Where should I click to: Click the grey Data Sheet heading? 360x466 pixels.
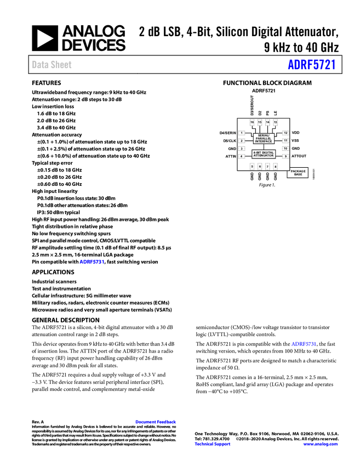(52, 65)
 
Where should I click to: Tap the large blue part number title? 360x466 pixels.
(311, 65)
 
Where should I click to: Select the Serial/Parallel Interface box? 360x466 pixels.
(264, 138)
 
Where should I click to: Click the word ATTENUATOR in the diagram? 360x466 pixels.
(264, 156)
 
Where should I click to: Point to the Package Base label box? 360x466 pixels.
(298, 173)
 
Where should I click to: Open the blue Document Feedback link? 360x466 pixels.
(156, 422)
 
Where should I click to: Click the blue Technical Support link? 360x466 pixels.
(213, 444)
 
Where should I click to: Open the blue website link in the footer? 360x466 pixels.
(321, 444)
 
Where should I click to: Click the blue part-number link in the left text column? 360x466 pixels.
(92, 262)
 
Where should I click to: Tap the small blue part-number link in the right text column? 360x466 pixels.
(303, 344)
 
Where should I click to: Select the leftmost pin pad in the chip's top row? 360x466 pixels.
(252, 122)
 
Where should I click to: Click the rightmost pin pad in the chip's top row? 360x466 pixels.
(275, 122)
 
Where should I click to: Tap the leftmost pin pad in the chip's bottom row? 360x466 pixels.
(252, 166)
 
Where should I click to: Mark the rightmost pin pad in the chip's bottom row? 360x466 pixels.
(275, 166)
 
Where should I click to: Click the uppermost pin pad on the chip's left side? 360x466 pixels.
(241, 133)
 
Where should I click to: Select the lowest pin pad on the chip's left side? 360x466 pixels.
(241, 156)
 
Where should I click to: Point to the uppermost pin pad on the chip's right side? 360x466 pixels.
(285, 133)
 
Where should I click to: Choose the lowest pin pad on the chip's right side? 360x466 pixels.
(285, 156)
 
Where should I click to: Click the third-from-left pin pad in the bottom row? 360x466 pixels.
(267, 166)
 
